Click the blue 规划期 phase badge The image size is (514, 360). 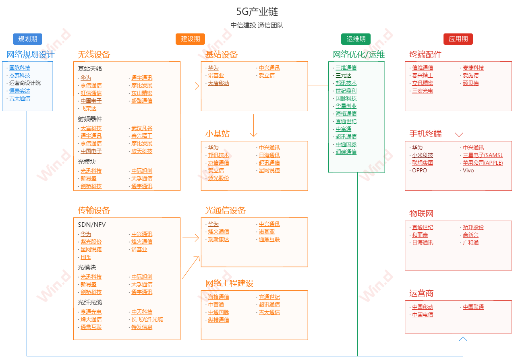[x=28, y=39]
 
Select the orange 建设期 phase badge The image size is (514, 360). [x=190, y=39]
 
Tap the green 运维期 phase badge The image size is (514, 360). [x=356, y=39]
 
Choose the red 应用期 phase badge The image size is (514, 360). [x=458, y=39]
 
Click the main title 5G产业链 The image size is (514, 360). [x=257, y=12]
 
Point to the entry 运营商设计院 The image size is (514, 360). [x=25, y=83]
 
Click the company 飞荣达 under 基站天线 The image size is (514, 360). [x=88, y=108]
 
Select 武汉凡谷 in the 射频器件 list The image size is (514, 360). [x=142, y=128]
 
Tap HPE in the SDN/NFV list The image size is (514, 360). [x=86, y=257]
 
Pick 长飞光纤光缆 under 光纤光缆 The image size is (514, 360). [x=147, y=319]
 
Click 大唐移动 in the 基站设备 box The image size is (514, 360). [x=218, y=83]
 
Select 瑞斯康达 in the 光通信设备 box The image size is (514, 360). [x=218, y=239]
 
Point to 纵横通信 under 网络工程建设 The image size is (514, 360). [x=218, y=320]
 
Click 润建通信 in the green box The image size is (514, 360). [x=346, y=152]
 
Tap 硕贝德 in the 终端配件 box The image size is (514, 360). [x=470, y=83]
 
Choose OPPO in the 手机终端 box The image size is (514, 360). [x=419, y=170]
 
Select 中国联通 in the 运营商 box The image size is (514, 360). [x=473, y=307]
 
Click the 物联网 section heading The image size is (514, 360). [x=421, y=213]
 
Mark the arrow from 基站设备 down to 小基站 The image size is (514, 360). [x=254, y=126]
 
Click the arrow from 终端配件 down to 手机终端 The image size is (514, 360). [x=459, y=126]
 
